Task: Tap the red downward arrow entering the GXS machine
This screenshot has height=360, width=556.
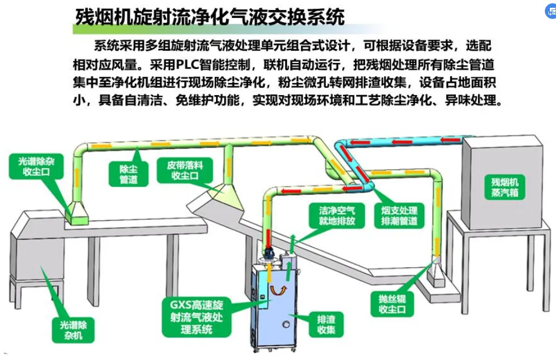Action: [268, 236]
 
